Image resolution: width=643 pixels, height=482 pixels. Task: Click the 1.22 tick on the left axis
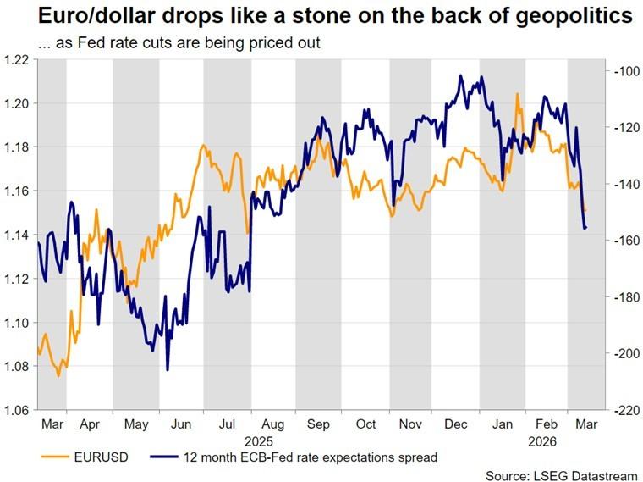click(17, 59)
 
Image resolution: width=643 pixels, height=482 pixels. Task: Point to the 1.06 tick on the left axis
click(17, 411)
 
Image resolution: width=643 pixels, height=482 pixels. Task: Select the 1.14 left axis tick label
click(17, 235)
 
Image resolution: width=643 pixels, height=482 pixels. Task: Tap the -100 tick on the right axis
click(624, 72)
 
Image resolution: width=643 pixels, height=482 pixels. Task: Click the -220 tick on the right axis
click(624, 411)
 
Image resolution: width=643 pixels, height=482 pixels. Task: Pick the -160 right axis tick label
click(624, 241)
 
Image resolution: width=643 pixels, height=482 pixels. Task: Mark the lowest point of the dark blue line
click(168, 369)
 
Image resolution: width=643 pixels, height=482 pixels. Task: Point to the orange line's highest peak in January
click(517, 93)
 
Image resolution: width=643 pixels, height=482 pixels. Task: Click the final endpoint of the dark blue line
click(585, 227)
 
